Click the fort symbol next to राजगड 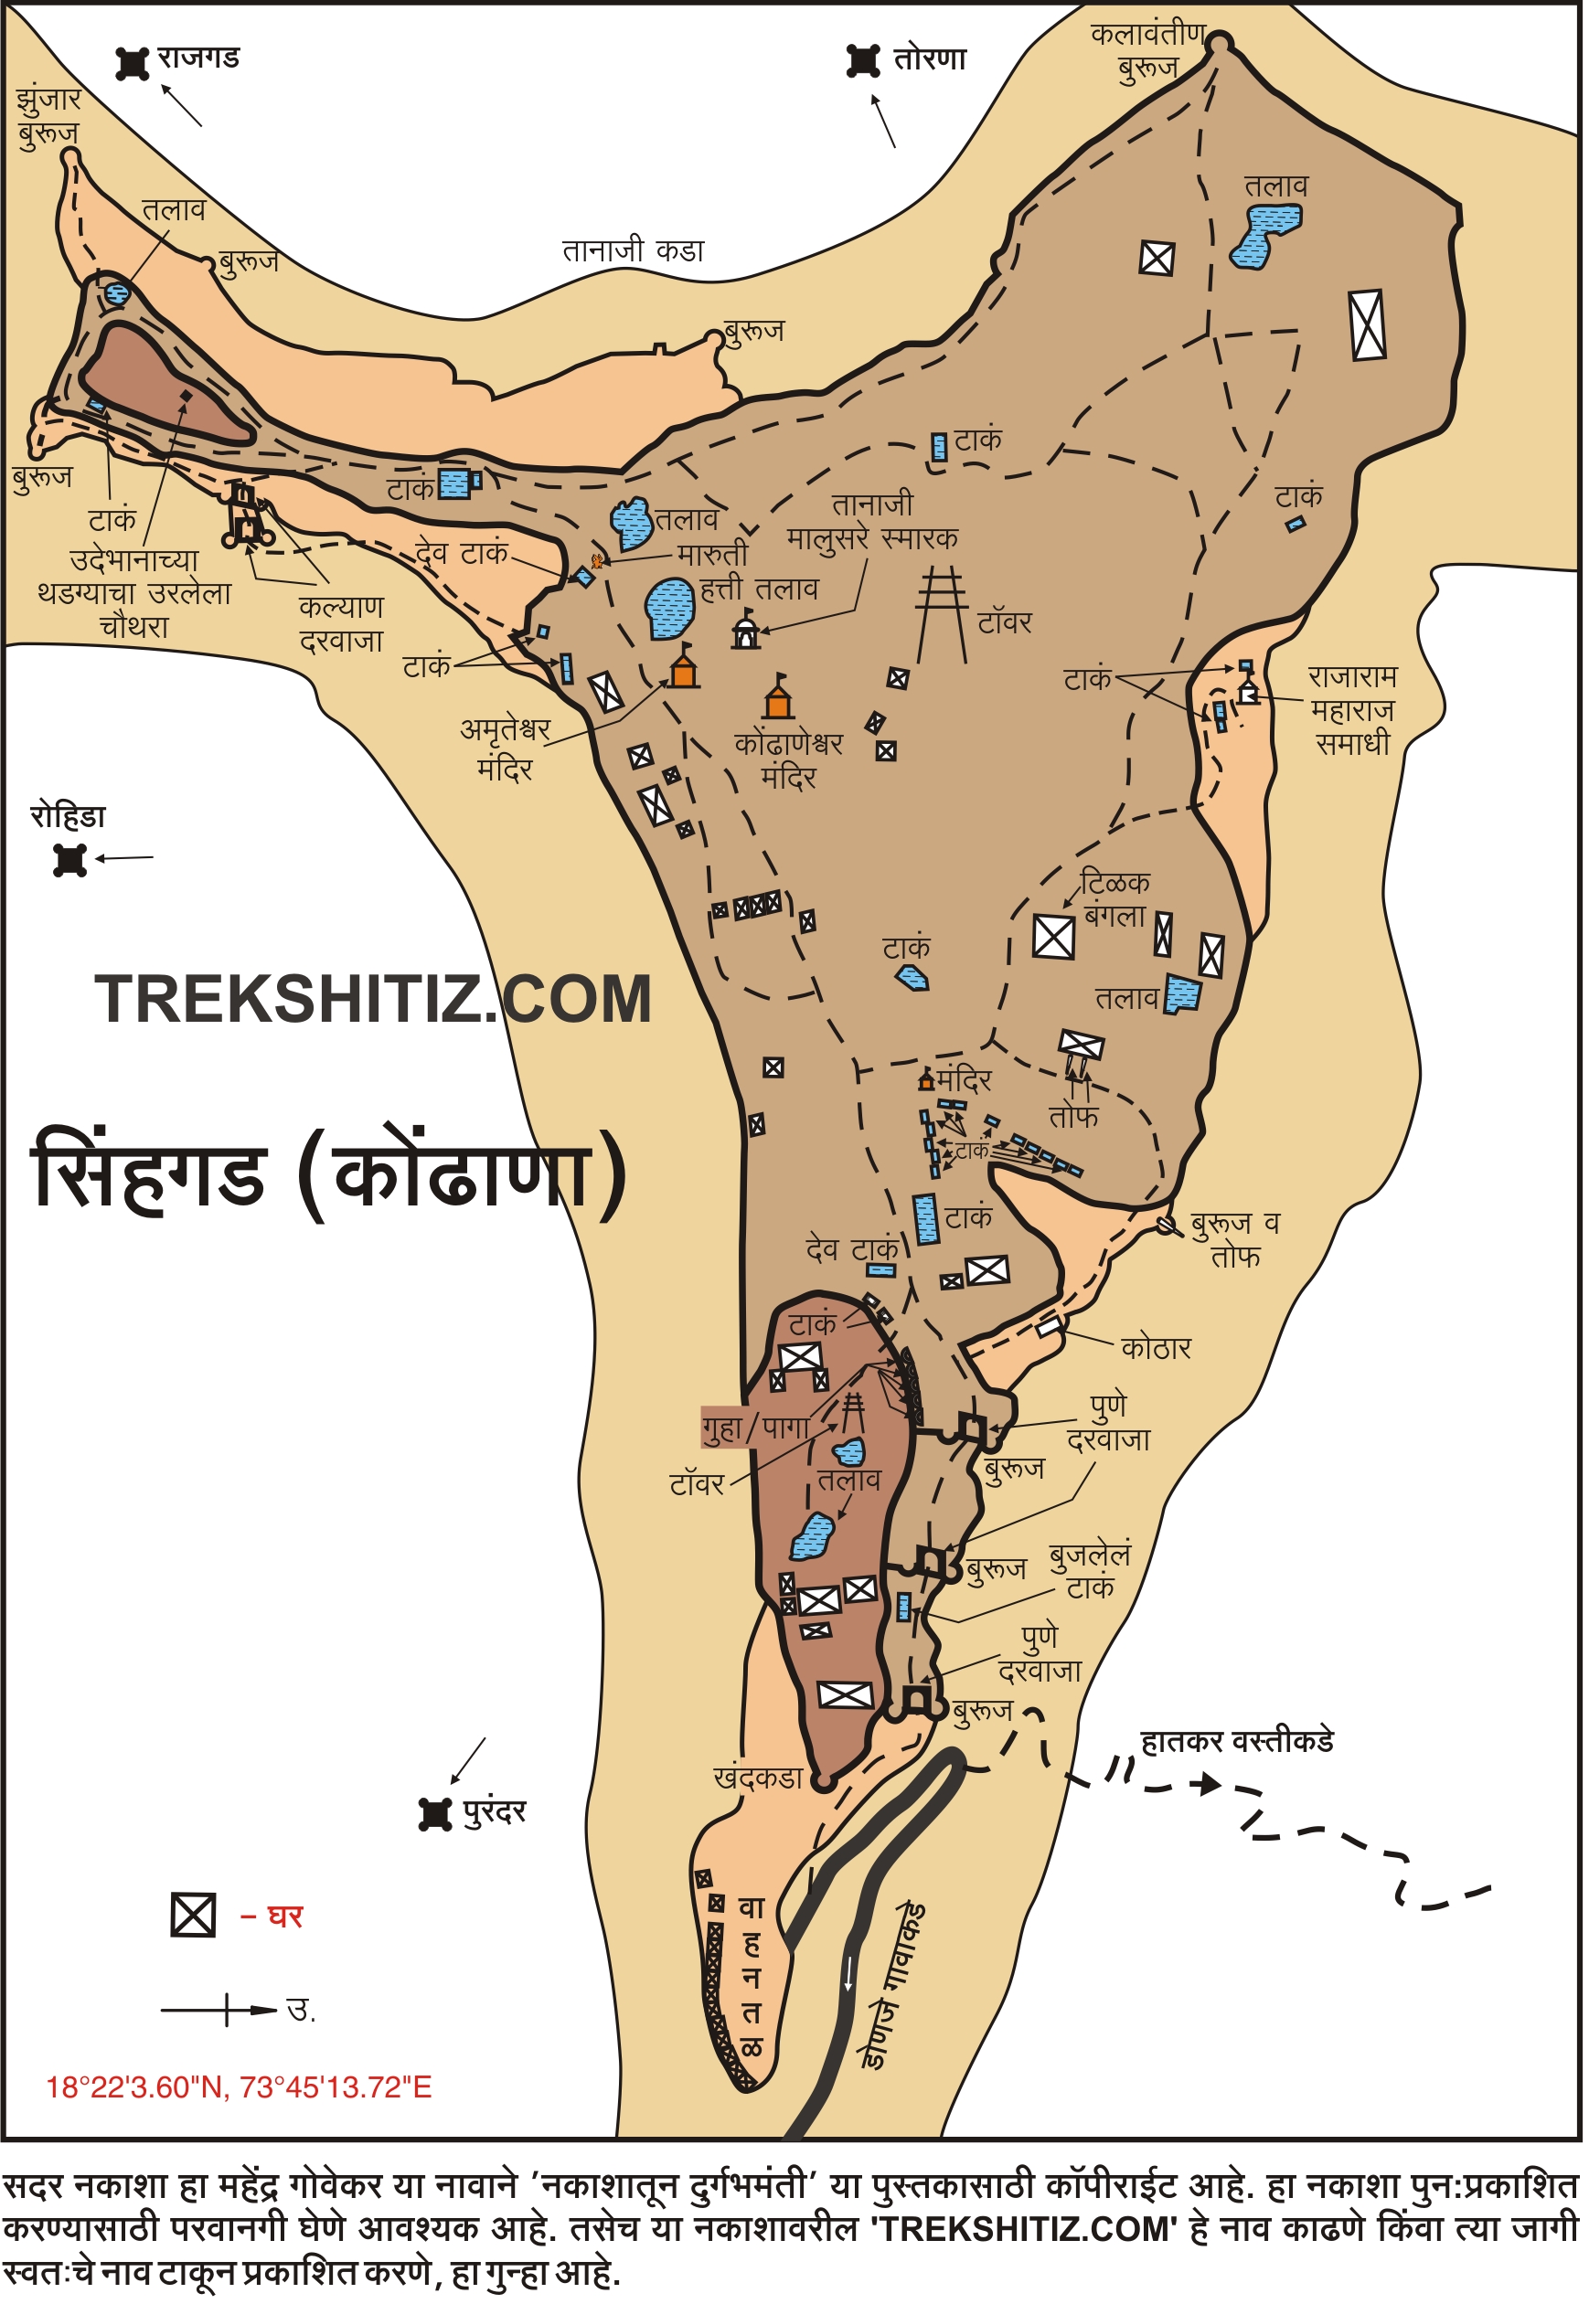pyautogui.click(x=133, y=63)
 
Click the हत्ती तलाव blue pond pyautogui.click(x=672, y=608)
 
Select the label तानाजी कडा pyautogui.click(x=635, y=250)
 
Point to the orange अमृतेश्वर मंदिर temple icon pyautogui.click(x=685, y=669)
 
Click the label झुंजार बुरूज pyautogui.click(x=48, y=115)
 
